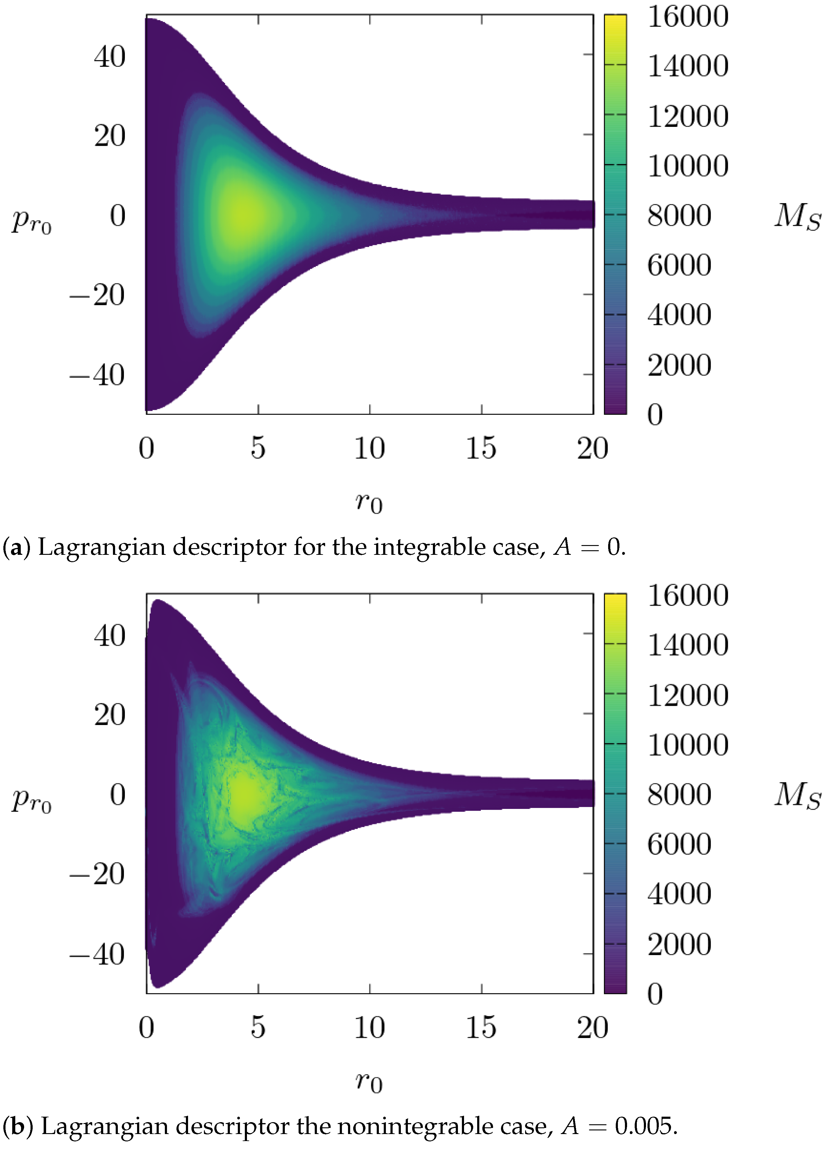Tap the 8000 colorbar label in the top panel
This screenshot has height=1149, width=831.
[x=679, y=215]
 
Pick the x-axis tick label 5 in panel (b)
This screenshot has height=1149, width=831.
[x=258, y=1027]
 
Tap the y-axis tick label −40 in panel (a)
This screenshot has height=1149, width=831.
[x=97, y=375]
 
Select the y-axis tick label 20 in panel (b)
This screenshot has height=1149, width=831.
[x=110, y=715]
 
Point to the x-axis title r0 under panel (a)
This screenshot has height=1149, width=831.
[x=368, y=503]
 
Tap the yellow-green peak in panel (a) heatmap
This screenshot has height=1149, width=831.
[x=241, y=215]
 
